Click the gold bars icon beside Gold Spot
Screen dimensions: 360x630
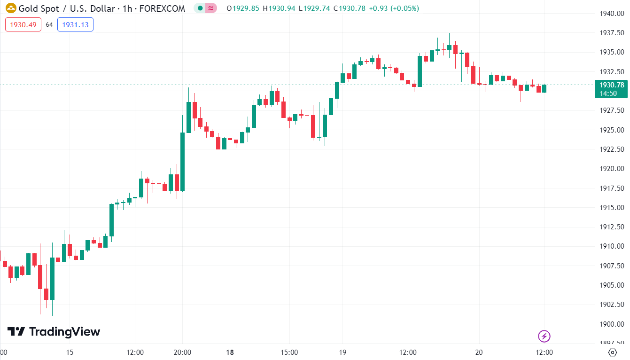coord(11,8)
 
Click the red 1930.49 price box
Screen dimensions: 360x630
coord(23,25)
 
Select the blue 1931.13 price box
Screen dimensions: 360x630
coord(75,25)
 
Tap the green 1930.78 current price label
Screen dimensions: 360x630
coord(611,85)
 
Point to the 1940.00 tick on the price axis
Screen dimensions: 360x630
coord(611,13)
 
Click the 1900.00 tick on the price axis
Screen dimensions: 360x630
coord(611,324)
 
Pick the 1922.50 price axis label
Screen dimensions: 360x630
coord(611,149)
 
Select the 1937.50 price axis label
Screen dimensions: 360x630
coord(611,33)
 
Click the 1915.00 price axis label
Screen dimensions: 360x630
coord(611,208)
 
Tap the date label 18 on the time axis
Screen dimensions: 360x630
coord(230,352)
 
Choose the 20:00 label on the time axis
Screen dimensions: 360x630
coord(182,352)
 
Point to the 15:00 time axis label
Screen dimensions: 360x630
coord(289,352)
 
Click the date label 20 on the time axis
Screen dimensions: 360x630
coord(479,352)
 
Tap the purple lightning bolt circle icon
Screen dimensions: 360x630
coord(544,336)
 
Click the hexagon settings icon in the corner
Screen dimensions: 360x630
coord(613,352)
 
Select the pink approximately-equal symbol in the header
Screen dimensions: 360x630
coord(211,8)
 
